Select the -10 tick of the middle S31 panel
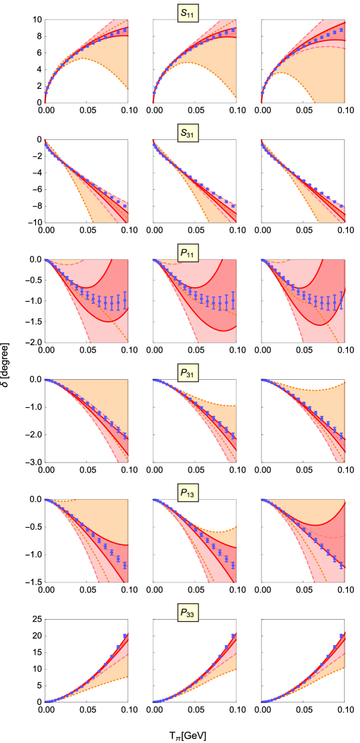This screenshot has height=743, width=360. click(x=142, y=223)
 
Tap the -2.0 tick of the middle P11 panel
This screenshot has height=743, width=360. click(x=142, y=343)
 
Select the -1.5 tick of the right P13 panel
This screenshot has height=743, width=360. click(x=250, y=582)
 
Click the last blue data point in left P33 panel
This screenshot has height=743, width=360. click(x=125, y=636)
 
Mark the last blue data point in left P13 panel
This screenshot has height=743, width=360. click(x=125, y=565)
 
